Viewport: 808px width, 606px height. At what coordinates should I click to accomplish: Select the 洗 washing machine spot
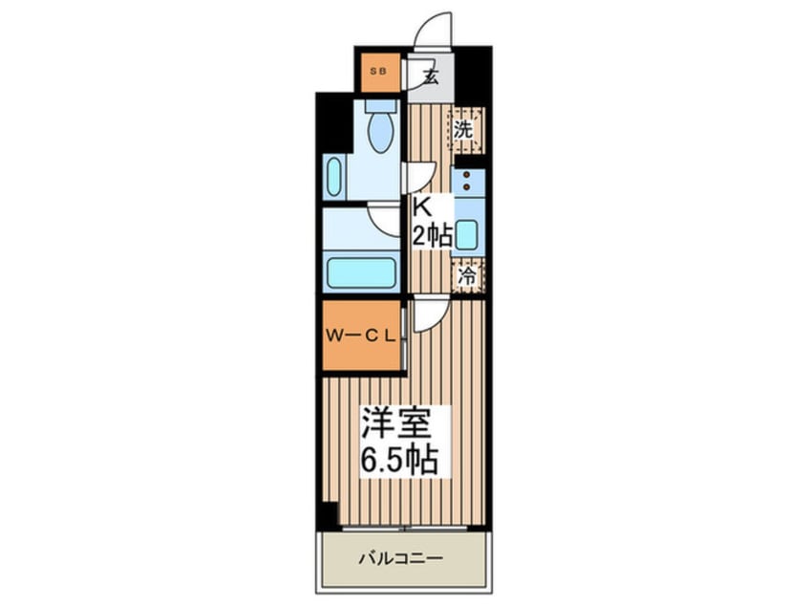coord(463,131)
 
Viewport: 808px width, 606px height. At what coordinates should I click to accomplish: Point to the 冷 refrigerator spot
coord(467,277)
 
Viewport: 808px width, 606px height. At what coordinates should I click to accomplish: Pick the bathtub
coord(362,272)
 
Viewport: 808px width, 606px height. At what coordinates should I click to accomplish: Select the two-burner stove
coord(467,182)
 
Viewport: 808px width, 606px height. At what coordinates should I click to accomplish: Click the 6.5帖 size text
coord(400,462)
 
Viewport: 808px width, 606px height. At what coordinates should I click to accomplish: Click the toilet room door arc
coord(419,178)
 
